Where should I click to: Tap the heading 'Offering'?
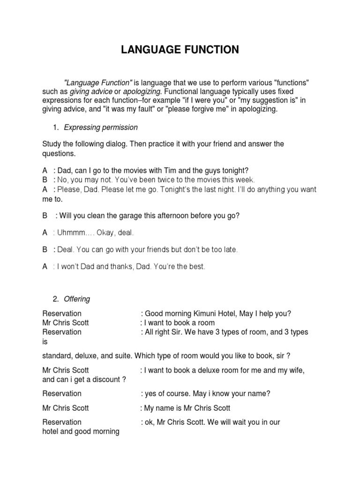tap(77, 299)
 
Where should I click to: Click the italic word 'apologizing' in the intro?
tap(142, 91)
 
